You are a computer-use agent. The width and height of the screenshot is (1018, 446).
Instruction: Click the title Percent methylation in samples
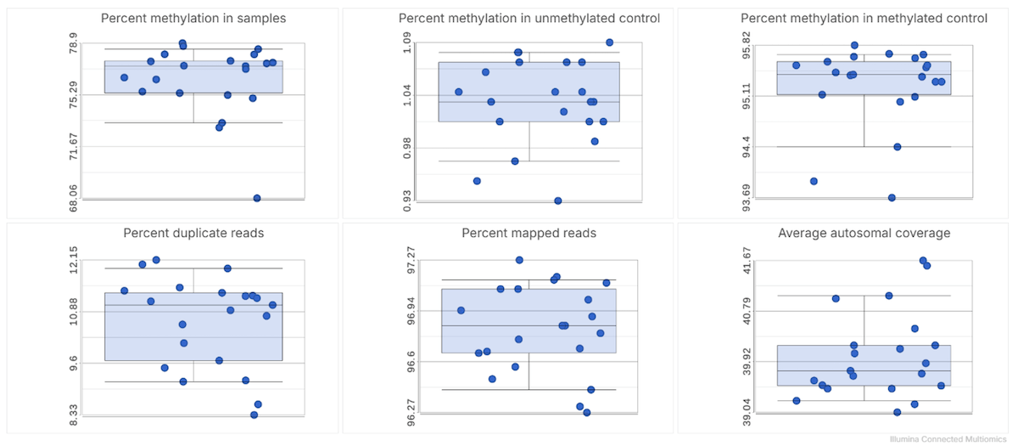pos(193,19)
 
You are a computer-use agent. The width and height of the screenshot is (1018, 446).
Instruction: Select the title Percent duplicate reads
pos(193,233)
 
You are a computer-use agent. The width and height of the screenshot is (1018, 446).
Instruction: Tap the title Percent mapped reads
pos(529,233)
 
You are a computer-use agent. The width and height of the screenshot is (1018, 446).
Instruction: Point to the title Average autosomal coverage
pos(864,233)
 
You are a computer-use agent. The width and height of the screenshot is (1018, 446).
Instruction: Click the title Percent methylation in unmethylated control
pos(529,19)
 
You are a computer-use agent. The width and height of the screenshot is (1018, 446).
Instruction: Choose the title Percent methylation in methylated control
pos(864,19)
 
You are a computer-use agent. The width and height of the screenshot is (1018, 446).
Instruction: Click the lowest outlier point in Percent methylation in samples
pos(256,198)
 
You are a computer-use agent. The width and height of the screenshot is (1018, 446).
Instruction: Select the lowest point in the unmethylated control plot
pos(558,200)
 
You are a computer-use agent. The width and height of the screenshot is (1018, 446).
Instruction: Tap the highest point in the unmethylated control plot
pos(609,42)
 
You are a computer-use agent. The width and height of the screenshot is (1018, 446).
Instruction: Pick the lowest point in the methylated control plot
pos(892,197)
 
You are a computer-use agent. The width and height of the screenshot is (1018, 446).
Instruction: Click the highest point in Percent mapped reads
pos(519,260)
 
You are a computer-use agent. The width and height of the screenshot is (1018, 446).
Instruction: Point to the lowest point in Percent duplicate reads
pos(254,415)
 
